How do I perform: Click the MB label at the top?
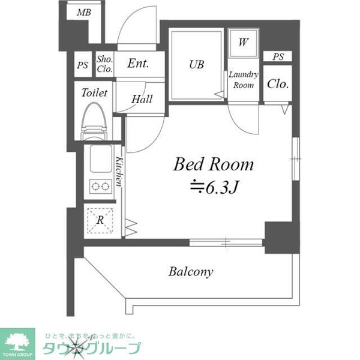tap(84, 11)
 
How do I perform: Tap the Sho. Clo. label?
tap(105, 64)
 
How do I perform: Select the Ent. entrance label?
tap(138, 63)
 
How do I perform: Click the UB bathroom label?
tap(197, 64)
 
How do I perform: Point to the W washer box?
tap(243, 43)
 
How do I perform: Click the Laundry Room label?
tap(243, 80)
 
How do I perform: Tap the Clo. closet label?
tap(277, 84)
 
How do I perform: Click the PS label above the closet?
tap(277, 57)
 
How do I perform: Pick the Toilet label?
tap(94, 93)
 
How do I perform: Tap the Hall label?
tap(142, 100)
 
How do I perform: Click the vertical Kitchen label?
tap(119, 171)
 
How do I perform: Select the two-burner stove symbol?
tap(101, 187)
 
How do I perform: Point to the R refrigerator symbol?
tap(100, 220)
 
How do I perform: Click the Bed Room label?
tap(214, 164)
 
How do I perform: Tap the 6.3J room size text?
tap(220, 188)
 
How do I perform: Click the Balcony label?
tap(191, 272)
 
